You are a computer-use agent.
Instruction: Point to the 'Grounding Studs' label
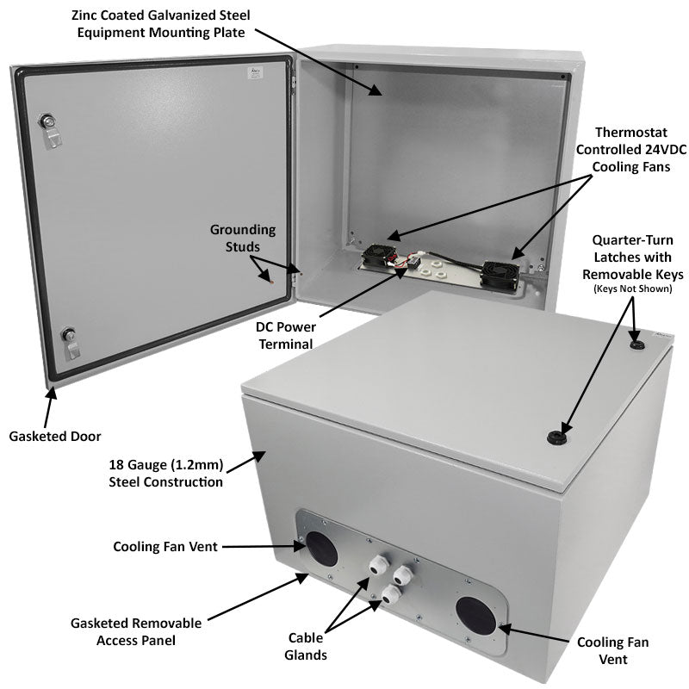pos(243,239)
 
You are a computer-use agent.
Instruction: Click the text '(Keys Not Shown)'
pos(632,289)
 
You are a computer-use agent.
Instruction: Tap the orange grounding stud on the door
pos(271,281)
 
